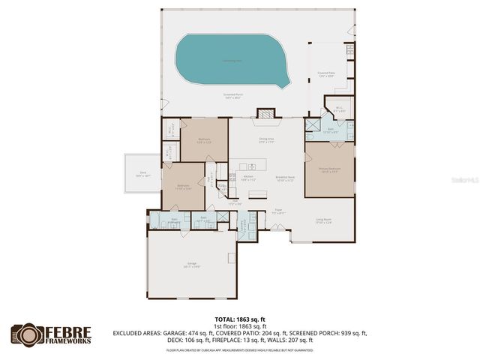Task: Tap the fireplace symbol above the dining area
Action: tap(266, 113)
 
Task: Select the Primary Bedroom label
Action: tap(330, 170)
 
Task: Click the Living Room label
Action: tap(323, 220)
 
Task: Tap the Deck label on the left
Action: tap(143, 174)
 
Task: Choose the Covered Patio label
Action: tap(325, 74)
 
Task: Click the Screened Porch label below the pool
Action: tap(233, 96)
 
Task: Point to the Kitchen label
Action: tap(248, 178)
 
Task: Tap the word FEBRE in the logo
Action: tap(70, 331)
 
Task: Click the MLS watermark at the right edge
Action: tap(469, 181)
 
